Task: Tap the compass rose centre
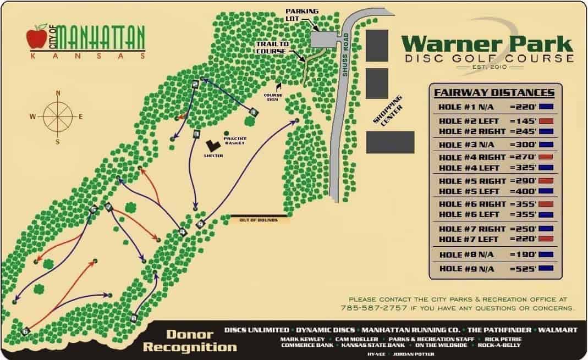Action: tap(58, 116)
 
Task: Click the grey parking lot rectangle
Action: tap(325, 39)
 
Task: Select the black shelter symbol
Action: tap(213, 145)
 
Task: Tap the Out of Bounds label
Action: tap(258, 220)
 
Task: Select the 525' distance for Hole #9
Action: tap(523, 269)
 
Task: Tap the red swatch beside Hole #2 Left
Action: tap(546, 121)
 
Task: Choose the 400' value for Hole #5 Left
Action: tap(523, 191)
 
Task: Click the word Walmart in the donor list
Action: tap(558, 330)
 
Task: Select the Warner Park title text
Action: tap(486, 43)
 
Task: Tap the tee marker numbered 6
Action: tap(25, 331)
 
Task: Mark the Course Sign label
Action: tap(273, 97)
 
